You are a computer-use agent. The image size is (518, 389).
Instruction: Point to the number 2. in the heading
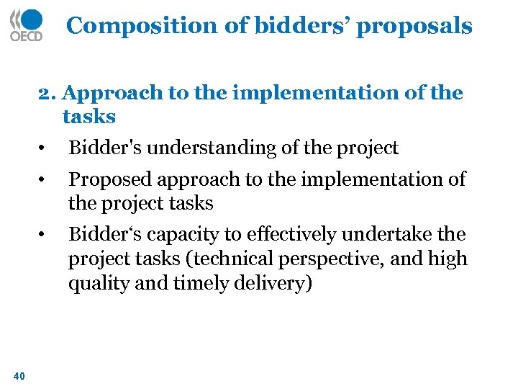click(48, 94)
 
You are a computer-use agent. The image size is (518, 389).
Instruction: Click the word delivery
click(276, 284)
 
